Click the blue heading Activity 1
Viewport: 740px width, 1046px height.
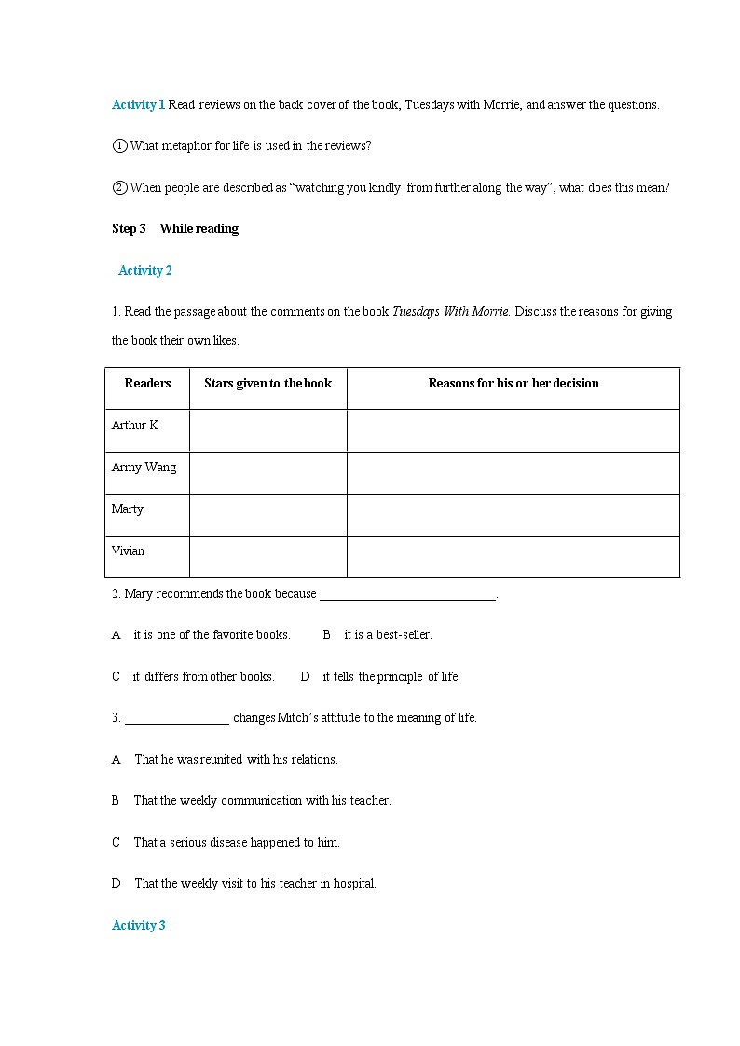pyautogui.click(x=138, y=104)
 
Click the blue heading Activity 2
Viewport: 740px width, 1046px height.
pyautogui.click(x=145, y=270)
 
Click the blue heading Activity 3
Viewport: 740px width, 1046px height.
pyautogui.click(x=138, y=925)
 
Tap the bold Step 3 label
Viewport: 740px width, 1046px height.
pyautogui.click(x=129, y=228)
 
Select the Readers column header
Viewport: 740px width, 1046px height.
pyautogui.click(x=147, y=383)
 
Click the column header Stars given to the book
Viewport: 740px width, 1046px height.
pyautogui.click(x=267, y=383)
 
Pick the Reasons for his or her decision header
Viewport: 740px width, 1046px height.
pyautogui.click(x=513, y=383)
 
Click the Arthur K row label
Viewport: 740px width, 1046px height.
pyautogui.click(x=135, y=425)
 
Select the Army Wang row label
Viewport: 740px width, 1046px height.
pyautogui.click(x=144, y=467)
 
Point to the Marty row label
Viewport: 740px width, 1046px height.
pyautogui.click(x=128, y=509)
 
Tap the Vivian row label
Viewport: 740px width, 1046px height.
pyautogui.click(x=128, y=550)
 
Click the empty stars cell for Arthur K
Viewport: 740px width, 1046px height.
pyautogui.click(x=267, y=430)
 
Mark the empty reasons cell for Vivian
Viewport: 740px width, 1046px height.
pyautogui.click(x=513, y=556)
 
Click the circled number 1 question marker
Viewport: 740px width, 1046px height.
pyautogui.click(x=119, y=145)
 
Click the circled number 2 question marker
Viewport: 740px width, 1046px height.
pyautogui.click(x=119, y=187)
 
